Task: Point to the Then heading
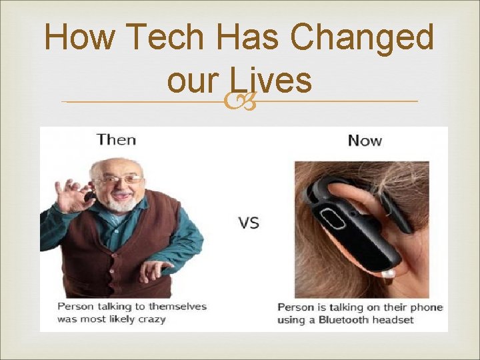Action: point(116,139)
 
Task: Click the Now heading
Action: point(365,140)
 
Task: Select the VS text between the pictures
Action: point(248,223)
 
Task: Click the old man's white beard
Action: point(121,203)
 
